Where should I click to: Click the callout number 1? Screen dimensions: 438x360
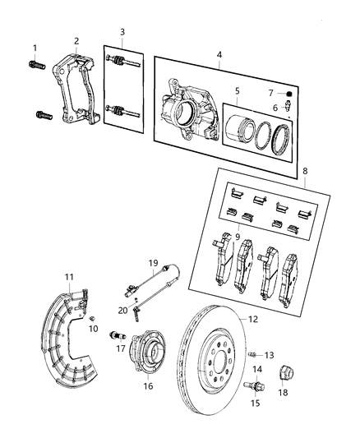click(x=35, y=47)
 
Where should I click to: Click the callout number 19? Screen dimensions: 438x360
click(x=153, y=264)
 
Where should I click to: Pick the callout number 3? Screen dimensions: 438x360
click(x=122, y=33)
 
